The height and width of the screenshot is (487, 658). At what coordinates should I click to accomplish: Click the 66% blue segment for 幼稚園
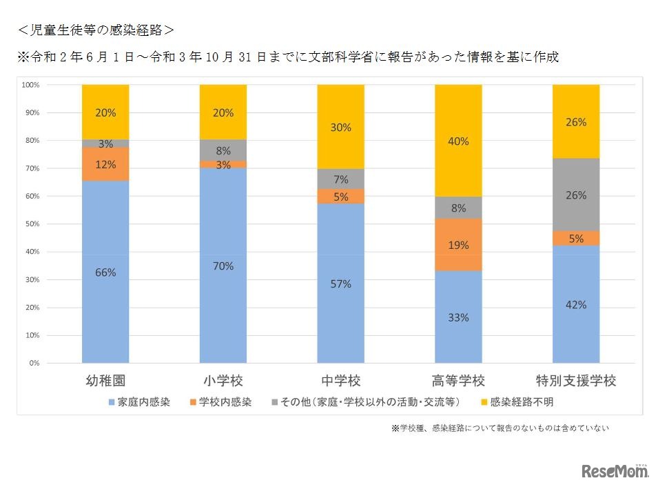click(x=105, y=272)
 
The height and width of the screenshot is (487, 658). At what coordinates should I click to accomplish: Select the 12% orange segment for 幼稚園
click(x=105, y=163)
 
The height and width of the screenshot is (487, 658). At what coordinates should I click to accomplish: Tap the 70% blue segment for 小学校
click(x=223, y=266)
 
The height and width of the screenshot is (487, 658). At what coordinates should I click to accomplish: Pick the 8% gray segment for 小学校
click(x=223, y=150)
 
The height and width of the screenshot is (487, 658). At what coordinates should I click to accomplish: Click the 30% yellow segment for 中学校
click(x=340, y=127)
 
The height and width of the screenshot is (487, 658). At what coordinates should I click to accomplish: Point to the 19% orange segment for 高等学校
click(x=458, y=245)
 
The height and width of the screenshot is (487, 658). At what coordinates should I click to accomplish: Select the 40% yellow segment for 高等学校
click(x=458, y=141)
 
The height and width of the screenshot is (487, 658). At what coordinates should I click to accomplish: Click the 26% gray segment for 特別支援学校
click(x=576, y=195)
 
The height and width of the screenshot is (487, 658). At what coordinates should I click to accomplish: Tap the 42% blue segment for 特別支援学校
click(x=576, y=304)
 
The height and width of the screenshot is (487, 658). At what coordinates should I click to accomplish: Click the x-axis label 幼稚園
click(x=105, y=381)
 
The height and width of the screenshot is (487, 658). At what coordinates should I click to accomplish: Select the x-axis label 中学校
click(x=340, y=381)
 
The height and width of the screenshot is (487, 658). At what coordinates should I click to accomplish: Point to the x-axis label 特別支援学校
click(x=576, y=381)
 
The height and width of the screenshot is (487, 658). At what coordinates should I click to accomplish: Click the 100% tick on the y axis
click(x=31, y=85)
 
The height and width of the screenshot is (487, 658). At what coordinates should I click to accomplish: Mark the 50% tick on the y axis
click(x=31, y=224)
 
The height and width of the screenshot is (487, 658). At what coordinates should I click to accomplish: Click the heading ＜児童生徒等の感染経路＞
click(x=96, y=30)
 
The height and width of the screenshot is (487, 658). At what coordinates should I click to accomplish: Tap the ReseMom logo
click(x=615, y=471)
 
